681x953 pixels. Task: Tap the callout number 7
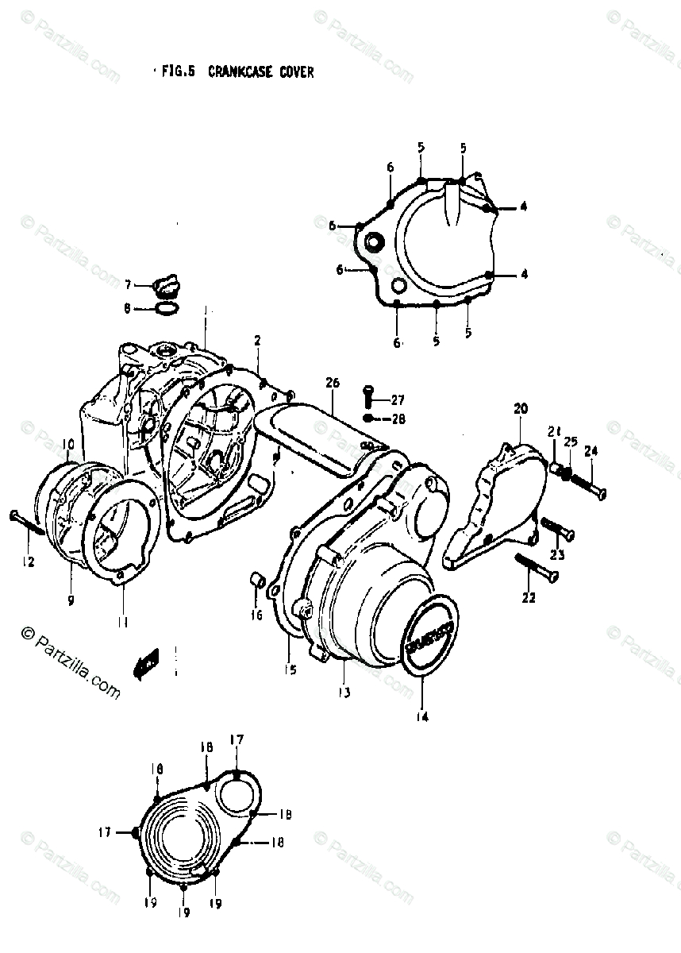tap(127, 284)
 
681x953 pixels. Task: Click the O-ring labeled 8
tap(165, 307)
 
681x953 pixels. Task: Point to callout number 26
tap(332, 383)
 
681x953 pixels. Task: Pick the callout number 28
tap(398, 419)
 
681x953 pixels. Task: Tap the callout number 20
tap(520, 409)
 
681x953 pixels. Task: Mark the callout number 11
tap(121, 623)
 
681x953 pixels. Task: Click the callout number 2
tap(257, 341)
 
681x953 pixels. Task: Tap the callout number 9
tap(70, 600)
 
